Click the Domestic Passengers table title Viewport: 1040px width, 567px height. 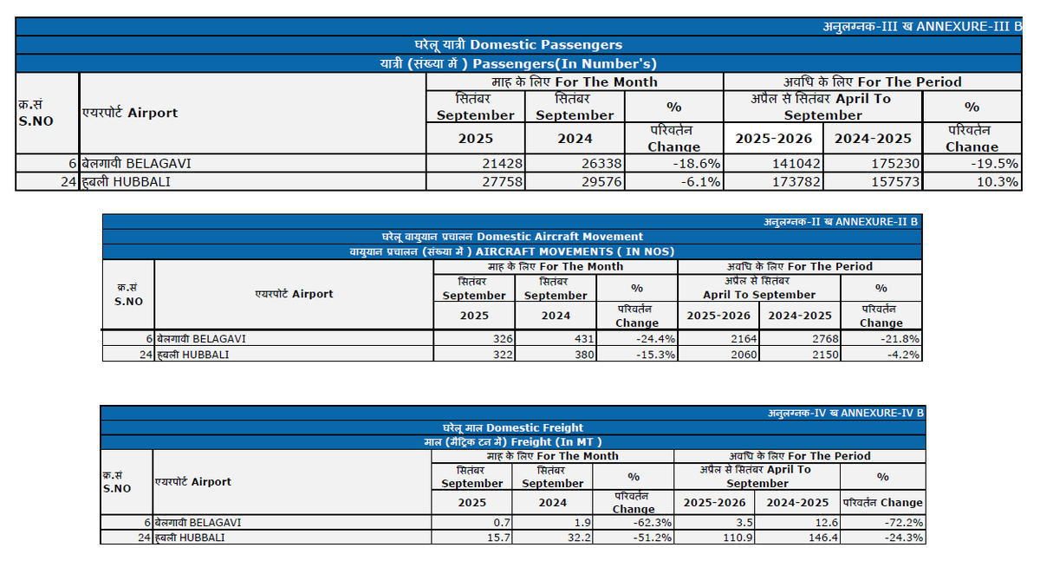pyautogui.click(x=518, y=44)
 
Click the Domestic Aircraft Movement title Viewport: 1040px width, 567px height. pyautogui.click(x=512, y=236)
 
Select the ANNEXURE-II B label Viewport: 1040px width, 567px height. pyautogui.click(x=841, y=221)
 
